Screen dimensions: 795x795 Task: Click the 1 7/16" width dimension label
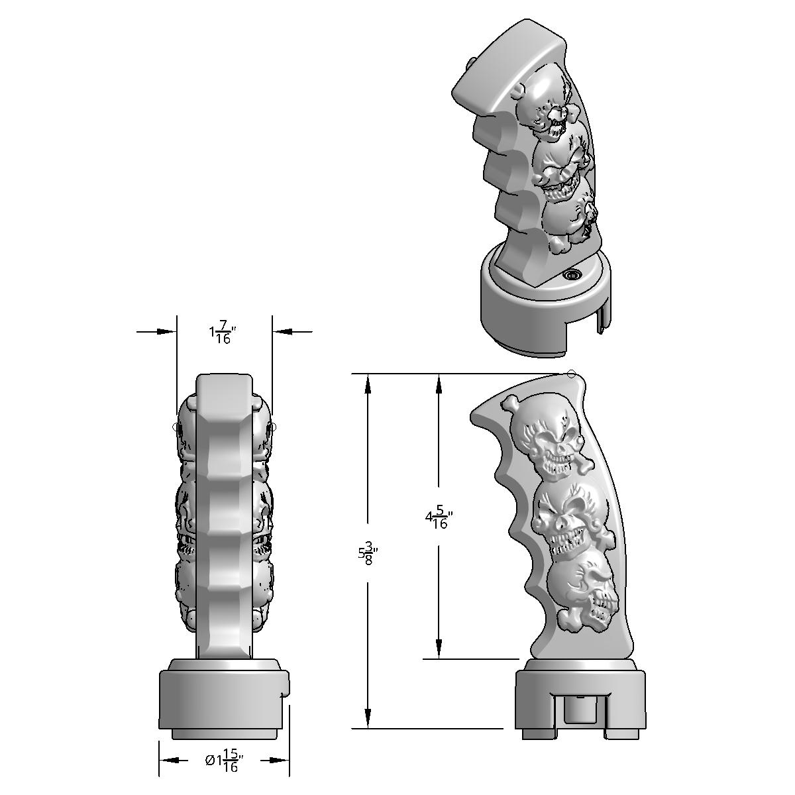[x=223, y=333]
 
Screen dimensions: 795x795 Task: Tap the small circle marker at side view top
[x=572, y=374]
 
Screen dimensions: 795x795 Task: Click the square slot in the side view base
[x=578, y=709]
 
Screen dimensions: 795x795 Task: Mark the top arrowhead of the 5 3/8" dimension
[x=368, y=383]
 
